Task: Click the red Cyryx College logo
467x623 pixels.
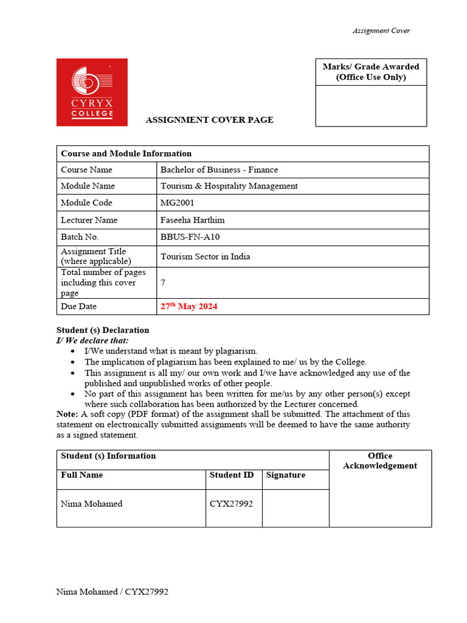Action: [x=92, y=92]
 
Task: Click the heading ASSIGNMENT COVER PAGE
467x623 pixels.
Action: [x=209, y=120]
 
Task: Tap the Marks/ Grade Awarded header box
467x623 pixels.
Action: [x=371, y=72]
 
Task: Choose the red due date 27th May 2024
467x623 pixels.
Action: [x=189, y=307]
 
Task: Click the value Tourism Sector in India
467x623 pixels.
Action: [x=205, y=256]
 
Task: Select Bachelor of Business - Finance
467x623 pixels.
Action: [x=219, y=170]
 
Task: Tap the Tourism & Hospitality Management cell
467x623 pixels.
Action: [x=229, y=186]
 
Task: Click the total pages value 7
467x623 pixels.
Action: [x=163, y=283]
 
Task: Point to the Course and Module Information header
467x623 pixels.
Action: [x=126, y=154]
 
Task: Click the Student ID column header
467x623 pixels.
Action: [x=231, y=475]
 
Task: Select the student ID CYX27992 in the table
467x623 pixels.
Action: [x=231, y=504]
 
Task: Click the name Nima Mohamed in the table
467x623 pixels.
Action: [x=91, y=504]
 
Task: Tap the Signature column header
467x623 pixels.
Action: [x=286, y=475]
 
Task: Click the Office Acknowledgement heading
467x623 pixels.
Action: [x=380, y=461]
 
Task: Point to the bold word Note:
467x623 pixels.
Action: [x=67, y=414]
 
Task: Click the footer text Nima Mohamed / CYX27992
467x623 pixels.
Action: [x=112, y=592]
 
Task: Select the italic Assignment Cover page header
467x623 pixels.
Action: [x=381, y=31]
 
